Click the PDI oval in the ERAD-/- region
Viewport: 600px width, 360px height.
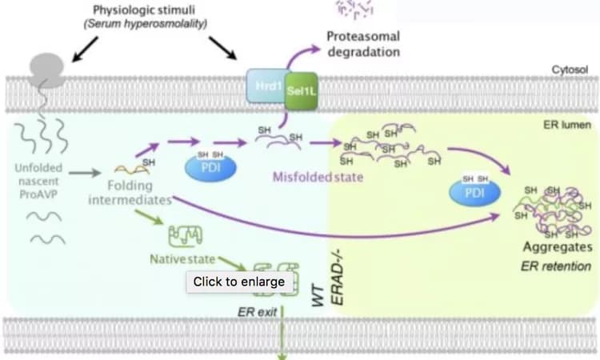tap(478, 193)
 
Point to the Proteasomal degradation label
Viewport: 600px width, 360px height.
tap(363, 44)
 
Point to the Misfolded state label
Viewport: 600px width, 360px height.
tap(318, 177)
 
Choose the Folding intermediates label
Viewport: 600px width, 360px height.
tap(130, 191)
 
